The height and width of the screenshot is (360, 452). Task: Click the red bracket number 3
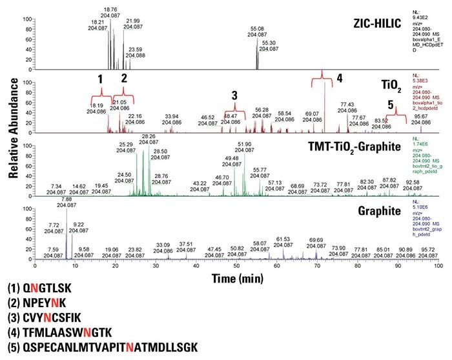234,95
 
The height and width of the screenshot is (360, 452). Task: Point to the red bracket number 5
390,104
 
